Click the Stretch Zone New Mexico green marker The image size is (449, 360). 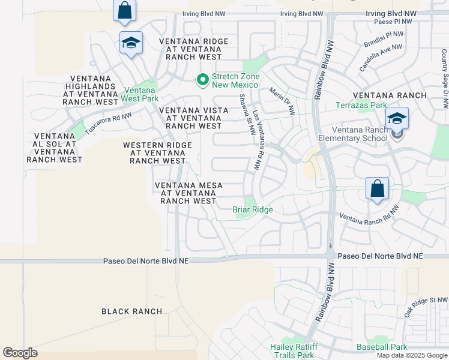[x=203, y=79]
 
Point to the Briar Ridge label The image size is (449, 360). [x=253, y=209]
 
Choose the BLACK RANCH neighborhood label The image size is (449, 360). [x=131, y=311]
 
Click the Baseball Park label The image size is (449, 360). [x=382, y=347]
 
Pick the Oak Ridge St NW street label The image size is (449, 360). [x=426, y=307]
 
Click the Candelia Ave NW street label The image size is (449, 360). [x=381, y=58]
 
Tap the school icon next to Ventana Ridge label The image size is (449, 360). [x=131, y=43]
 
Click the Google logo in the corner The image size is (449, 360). [x=20, y=353]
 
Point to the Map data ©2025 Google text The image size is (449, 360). [x=412, y=355]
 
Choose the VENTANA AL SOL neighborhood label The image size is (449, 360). [x=55, y=148]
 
